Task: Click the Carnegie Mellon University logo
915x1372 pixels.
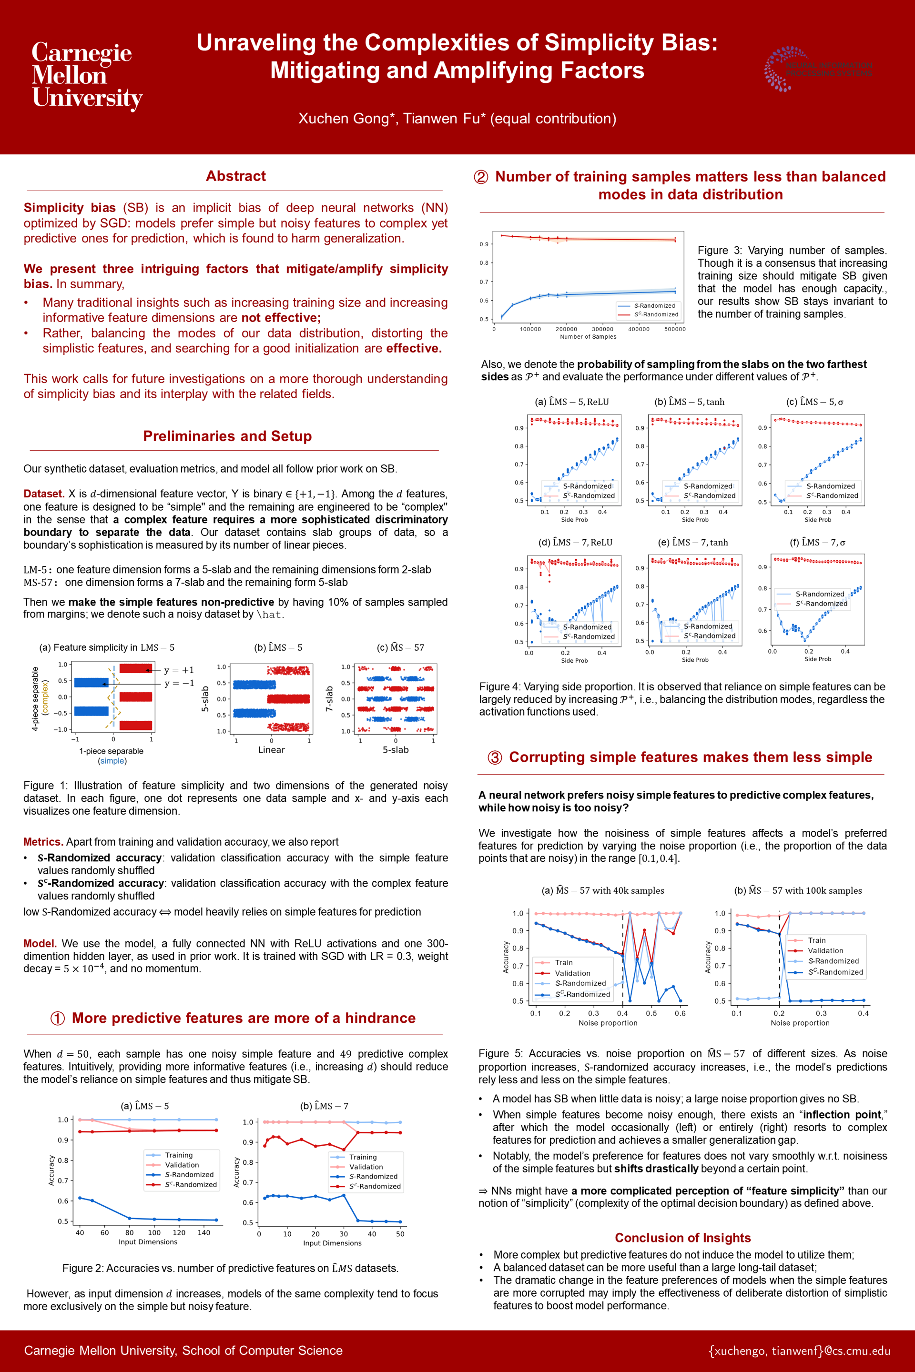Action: [86, 75]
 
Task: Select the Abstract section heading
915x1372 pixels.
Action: [236, 176]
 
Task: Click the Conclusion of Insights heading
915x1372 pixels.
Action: [682, 1237]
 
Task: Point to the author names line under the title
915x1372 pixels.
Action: [457, 119]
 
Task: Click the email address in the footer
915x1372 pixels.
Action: [799, 1351]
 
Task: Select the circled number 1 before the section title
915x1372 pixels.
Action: [57, 1018]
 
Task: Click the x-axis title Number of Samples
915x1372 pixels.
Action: [588, 337]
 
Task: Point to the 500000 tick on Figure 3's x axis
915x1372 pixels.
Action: [675, 329]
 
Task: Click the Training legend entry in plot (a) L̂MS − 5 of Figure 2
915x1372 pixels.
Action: [179, 1155]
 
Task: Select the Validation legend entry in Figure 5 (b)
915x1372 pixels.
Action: [825, 950]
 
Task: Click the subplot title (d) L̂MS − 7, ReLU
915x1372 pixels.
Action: [575, 543]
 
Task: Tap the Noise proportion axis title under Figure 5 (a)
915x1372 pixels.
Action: [608, 1023]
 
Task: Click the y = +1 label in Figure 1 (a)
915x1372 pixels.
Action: [179, 670]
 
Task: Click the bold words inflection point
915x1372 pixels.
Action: [842, 1115]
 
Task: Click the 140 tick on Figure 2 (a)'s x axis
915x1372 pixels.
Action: [203, 1232]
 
